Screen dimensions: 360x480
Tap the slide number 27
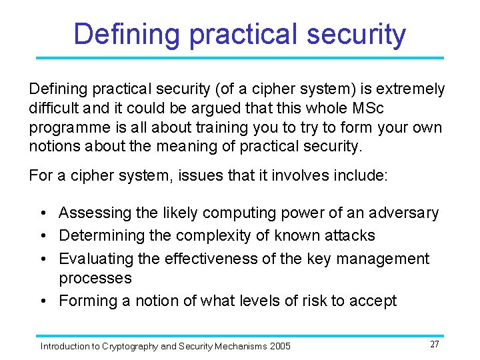pyautogui.click(x=435, y=344)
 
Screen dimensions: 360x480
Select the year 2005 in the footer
pyautogui.click(x=280, y=346)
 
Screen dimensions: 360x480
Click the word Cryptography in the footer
pyautogui.click(x=130, y=346)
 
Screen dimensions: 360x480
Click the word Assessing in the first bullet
pyautogui.click(x=93, y=213)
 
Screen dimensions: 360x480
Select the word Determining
pyautogui.click(x=104, y=235)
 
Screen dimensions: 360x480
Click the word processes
pyautogui.click(x=95, y=277)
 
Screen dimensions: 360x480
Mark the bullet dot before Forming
pyautogui.click(x=43, y=301)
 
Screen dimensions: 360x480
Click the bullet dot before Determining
pyautogui.click(x=43, y=236)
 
